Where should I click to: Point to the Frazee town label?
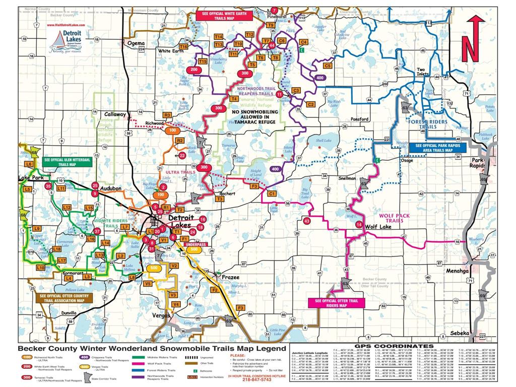(226, 277)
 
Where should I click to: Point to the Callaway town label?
(115, 114)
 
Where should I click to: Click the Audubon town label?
(111, 188)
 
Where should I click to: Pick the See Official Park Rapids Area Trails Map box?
(440, 147)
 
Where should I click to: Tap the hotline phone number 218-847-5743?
(250, 381)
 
